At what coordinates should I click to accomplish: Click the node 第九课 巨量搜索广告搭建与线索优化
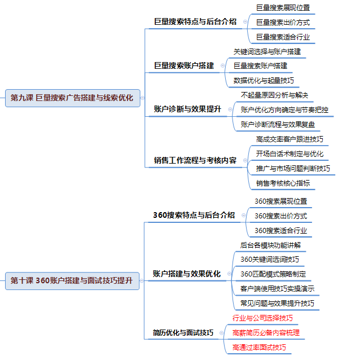[73, 98]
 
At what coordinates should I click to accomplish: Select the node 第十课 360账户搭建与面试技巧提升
[72, 281]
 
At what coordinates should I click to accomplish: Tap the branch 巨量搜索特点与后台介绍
[195, 21]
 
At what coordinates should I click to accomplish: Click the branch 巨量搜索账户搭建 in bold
[184, 65]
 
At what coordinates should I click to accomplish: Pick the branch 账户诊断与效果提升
[187, 109]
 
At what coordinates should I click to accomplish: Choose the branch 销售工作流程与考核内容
[195, 160]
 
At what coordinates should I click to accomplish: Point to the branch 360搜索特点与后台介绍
[194, 215]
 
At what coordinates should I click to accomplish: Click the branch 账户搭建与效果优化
[187, 274]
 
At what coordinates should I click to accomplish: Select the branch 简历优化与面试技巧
[183, 332]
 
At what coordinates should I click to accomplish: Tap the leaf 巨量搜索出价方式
[283, 23]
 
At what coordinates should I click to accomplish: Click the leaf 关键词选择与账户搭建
[267, 51]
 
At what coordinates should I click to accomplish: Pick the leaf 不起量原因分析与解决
[274, 95]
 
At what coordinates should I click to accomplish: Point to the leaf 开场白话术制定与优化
[290, 153]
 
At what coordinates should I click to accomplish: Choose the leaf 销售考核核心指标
[283, 183]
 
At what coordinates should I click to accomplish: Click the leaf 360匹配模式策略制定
[273, 274]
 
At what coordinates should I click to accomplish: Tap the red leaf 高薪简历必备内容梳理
[266, 333]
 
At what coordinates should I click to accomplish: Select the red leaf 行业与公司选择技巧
[262, 318]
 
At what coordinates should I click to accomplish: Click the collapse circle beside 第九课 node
[143, 98]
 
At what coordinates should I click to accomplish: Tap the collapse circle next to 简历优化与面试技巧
[221, 333]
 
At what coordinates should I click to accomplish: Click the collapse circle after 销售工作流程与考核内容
[245, 160]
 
